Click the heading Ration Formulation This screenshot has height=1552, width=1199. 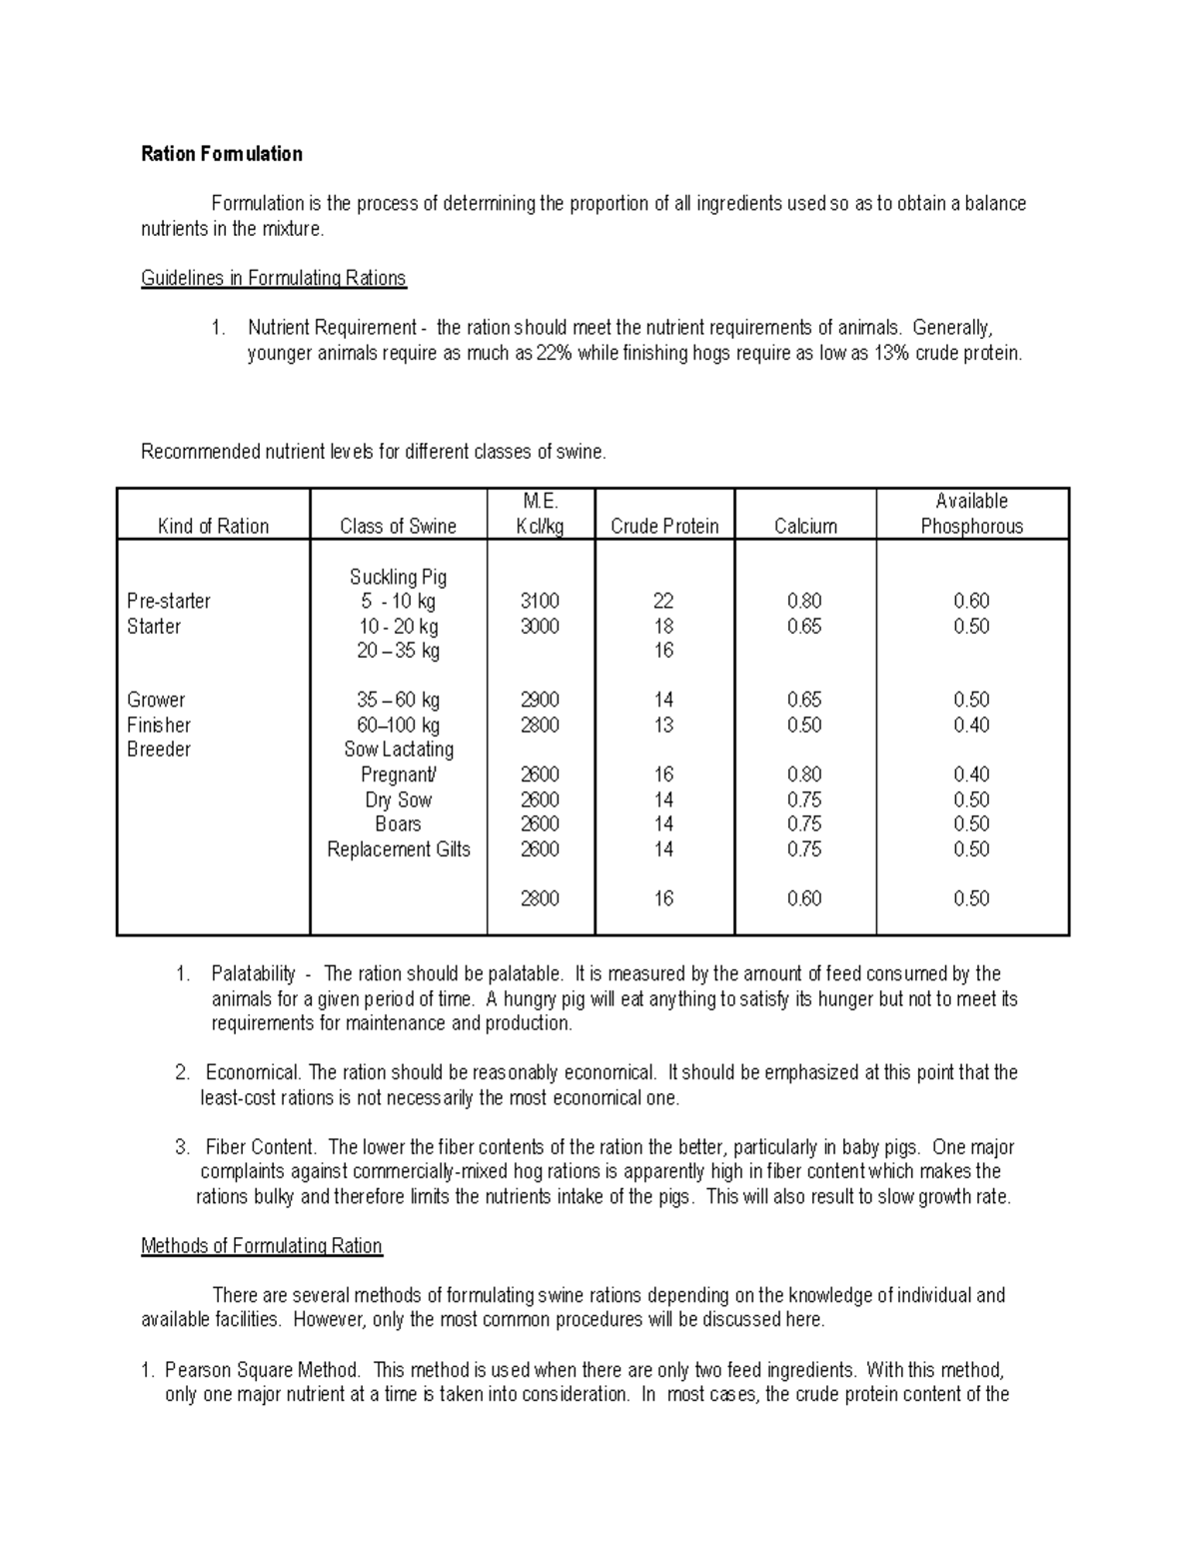click(221, 154)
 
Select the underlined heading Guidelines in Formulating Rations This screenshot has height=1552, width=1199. click(273, 278)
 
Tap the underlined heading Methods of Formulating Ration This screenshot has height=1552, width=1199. click(261, 1246)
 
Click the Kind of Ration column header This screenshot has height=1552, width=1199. click(213, 527)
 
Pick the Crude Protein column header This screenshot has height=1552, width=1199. click(664, 527)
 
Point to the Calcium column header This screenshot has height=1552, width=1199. click(805, 527)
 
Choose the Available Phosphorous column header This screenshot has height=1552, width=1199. click(971, 514)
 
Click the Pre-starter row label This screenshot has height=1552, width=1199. click(168, 601)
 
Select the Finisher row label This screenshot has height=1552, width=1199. click(158, 725)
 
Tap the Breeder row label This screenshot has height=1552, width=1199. click(158, 750)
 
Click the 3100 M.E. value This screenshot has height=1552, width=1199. click(540, 601)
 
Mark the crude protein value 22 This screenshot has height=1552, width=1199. click(663, 601)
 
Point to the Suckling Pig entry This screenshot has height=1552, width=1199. click(398, 577)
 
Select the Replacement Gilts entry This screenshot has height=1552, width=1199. click(398, 849)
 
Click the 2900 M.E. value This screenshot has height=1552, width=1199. click(540, 700)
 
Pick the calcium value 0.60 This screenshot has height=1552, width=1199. click(804, 898)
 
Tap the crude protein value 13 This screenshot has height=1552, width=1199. click(663, 725)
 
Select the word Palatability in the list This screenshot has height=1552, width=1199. click(253, 973)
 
